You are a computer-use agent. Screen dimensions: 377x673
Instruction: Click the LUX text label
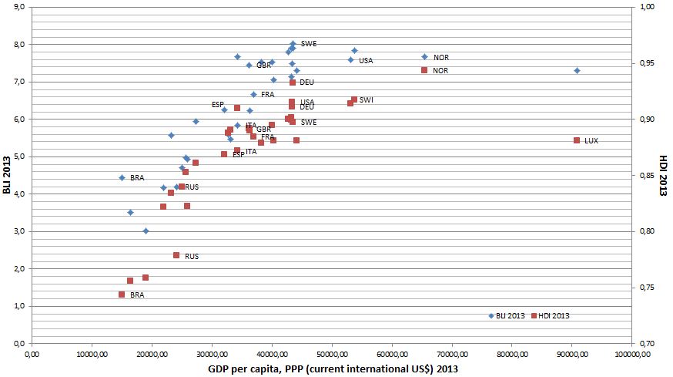click(591, 141)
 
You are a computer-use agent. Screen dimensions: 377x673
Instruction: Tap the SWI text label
click(366, 100)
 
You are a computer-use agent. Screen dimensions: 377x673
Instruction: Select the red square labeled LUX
click(576, 140)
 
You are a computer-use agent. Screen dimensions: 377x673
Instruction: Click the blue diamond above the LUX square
click(577, 70)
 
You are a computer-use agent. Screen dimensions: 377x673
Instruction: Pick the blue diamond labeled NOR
click(424, 56)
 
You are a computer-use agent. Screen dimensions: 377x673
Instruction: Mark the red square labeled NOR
click(424, 70)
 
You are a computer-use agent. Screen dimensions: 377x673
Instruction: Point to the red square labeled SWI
click(354, 99)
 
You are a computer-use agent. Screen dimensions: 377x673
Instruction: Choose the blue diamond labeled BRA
click(122, 177)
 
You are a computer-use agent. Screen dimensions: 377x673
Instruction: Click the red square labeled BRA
click(122, 295)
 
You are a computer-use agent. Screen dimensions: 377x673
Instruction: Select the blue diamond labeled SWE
click(293, 44)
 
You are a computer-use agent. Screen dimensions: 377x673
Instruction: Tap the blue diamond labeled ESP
click(225, 109)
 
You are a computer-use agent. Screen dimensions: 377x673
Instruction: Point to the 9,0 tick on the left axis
click(19, 7)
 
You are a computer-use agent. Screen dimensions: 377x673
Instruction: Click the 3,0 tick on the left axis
click(19, 231)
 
